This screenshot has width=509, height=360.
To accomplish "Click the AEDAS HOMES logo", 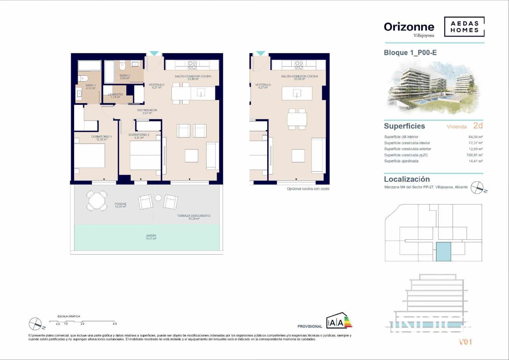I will point(464,27).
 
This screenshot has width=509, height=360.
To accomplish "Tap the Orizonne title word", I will point(409,27).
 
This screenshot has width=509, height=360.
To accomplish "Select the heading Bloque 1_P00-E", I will point(410,53).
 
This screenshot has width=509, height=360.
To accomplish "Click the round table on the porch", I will point(97,200).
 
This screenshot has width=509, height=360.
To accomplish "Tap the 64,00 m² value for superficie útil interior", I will point(476,137).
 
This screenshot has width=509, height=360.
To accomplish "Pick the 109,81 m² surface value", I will point(474,155).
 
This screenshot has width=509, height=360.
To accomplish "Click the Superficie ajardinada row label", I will point(401,161).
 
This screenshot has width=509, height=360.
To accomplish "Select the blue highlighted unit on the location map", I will point(443,251).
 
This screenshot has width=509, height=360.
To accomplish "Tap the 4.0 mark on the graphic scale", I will point(115,324).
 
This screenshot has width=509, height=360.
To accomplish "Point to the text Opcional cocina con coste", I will point(308,189).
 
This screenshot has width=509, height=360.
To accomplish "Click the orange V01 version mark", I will point(465,342).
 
